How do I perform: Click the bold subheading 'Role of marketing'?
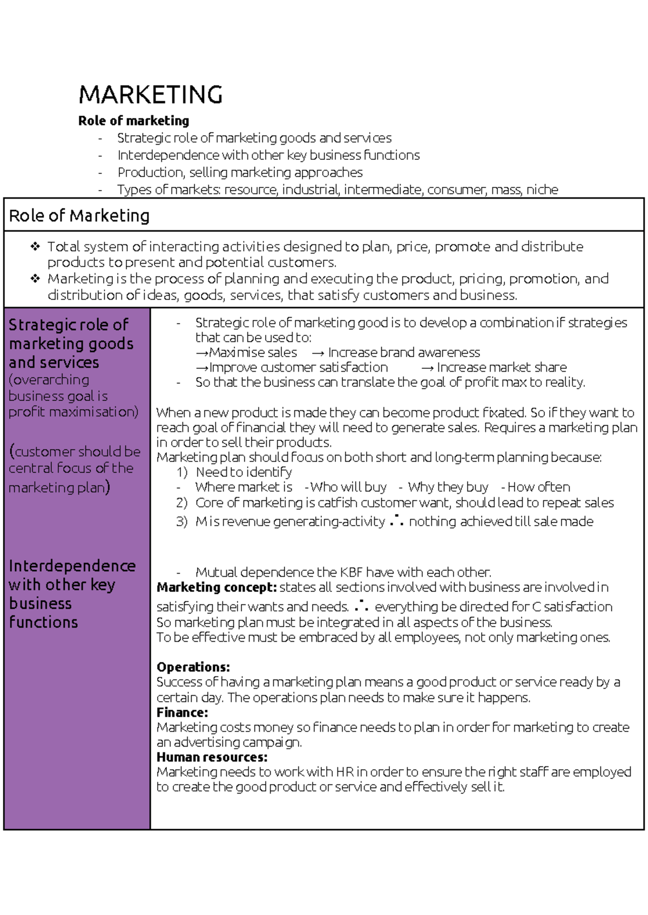(x=133, y=120)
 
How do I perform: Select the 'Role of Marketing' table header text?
(x=79, y=216)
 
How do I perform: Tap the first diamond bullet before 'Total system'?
(x=36, y=247)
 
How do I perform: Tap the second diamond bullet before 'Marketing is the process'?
(x=36, y=279)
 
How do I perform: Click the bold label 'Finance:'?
(x=182, y=712)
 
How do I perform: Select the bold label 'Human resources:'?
(x=212, y=757)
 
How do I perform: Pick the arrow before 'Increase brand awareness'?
(x=318, y=353)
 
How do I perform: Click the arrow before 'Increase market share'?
(x=427, y=368)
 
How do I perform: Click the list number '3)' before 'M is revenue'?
(x=181, y=522)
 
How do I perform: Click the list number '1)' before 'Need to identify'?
(x=181, y=473)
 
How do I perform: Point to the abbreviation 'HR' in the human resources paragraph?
(x=345, y=772)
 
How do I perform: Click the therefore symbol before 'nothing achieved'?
(x=396, y=521)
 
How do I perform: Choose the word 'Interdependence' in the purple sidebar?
(x=72, y=566)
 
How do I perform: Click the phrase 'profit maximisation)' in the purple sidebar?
(x=73, y=412)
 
